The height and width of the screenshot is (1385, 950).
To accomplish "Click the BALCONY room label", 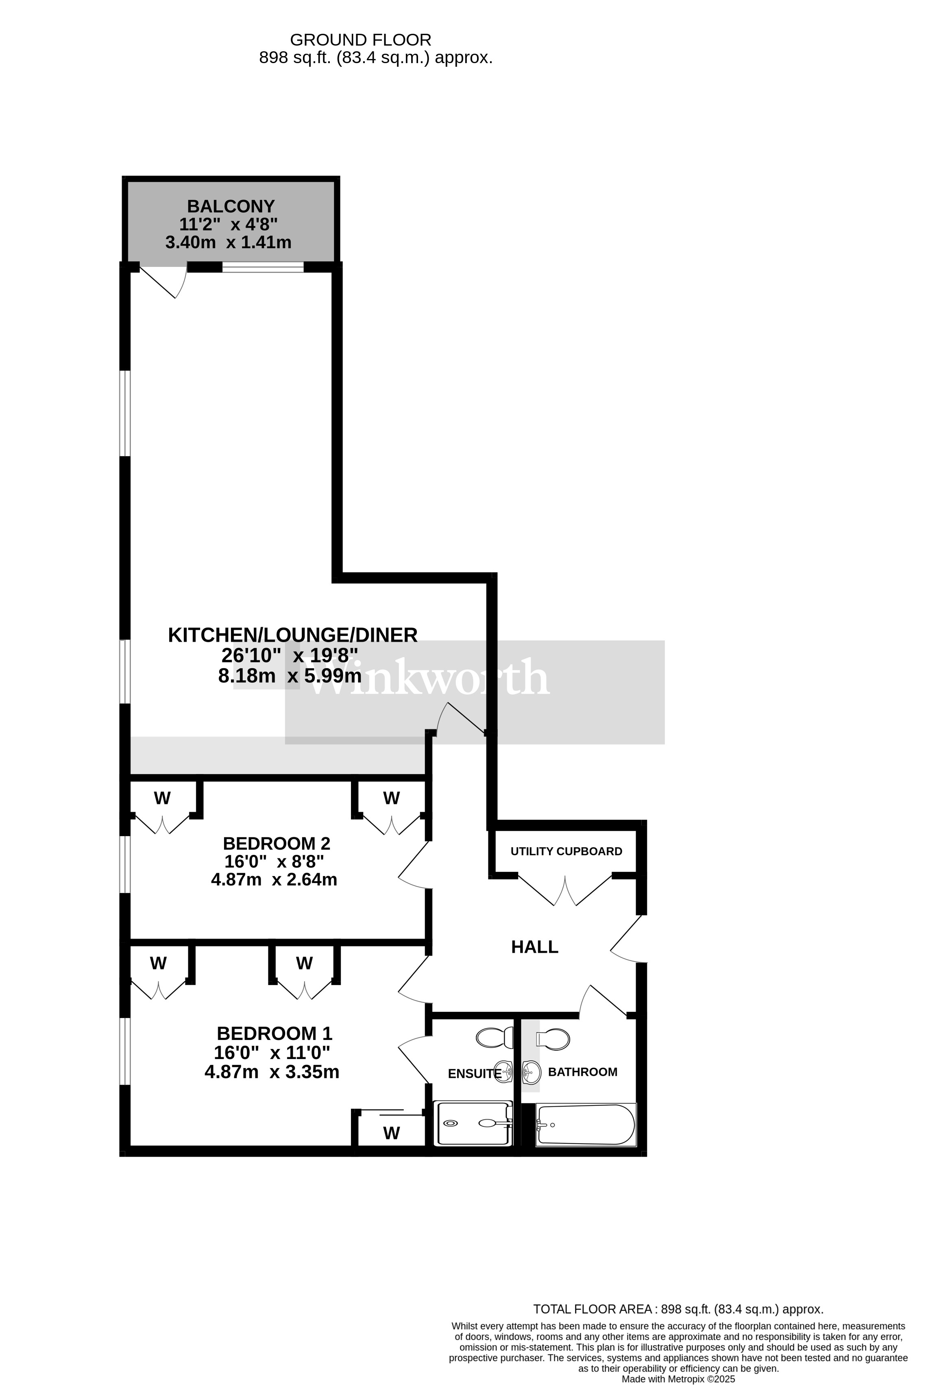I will tap(231, 206).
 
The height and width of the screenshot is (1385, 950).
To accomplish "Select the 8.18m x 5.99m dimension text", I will tap(290, 676).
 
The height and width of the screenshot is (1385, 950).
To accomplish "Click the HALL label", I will tap(534, 947).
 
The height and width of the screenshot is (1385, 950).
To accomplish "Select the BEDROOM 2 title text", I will tap(277, 843).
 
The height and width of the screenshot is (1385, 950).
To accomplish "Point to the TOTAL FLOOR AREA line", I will tap(678, 1309).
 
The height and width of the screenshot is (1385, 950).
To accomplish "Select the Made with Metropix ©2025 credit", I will tap(678, 1379).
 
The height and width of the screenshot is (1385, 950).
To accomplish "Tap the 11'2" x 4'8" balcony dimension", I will tap(228, 225).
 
